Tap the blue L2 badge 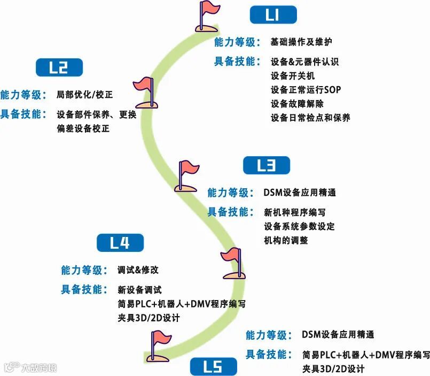[x=59, y=67]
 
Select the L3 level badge [x=266, y=165]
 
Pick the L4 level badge [x=120, y=243]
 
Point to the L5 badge [x=213, y=367]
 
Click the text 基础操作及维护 [x=302, y=42]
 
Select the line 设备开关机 [x=293, y=75]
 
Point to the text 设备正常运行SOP [x=306, y=89]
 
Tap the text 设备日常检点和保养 [x=310, y=117]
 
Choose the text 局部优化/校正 [x=84, y=95]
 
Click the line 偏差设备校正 [x=83, y=128]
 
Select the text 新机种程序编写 [x=295, y=212]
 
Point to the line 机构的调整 [x=286, y=240]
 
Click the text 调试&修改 [x=138, y=270]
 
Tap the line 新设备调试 [x=139, y=290]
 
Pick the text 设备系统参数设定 [x=299, y=226]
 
